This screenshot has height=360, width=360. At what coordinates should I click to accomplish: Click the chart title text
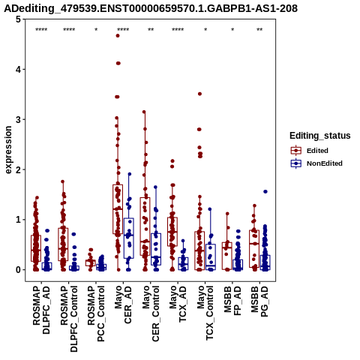(151, 8)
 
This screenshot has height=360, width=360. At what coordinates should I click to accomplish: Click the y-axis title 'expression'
(8, 150)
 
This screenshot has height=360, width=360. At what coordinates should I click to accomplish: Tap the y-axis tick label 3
(18, 119)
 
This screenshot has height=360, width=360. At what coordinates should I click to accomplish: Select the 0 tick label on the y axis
(18, 270)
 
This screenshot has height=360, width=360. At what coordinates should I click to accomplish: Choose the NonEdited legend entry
(316, 163)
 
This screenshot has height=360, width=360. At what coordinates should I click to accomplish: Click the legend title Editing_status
(320, 136)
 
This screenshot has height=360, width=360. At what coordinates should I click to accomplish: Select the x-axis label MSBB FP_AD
(232, 301)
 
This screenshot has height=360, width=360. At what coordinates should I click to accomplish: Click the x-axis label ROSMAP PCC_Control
(96, 313)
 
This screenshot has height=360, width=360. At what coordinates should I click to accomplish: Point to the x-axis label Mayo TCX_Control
(205, 313)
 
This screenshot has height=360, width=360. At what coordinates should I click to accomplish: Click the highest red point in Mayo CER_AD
(118, 36)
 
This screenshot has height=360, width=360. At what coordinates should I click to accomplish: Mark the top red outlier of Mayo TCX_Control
(199, 94)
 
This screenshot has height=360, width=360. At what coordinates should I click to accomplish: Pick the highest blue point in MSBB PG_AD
(265, 192)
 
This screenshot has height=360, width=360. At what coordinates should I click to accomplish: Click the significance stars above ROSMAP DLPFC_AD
(41, 30)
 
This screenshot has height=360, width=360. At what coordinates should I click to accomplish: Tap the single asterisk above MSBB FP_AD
(232, 30)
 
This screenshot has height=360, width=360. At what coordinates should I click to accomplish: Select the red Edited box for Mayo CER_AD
(118, 209)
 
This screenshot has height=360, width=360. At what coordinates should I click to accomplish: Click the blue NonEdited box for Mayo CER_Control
(156, 249)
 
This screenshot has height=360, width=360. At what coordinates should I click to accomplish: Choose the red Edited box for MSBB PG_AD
(254, 249)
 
